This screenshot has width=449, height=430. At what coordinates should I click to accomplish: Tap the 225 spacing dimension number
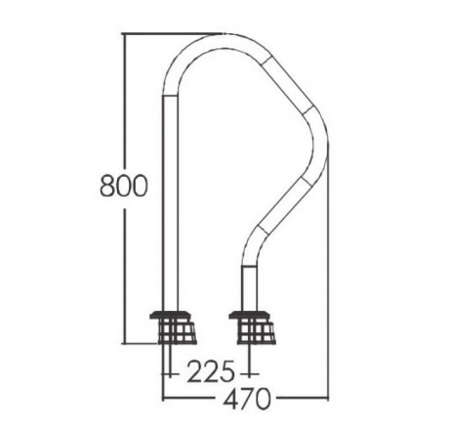pos(211,371)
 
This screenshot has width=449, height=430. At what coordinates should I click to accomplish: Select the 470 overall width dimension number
pos(247,398)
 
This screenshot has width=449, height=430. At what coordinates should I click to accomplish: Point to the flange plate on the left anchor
pos(171,315)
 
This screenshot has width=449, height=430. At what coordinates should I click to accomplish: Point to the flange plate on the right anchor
pos(250,315)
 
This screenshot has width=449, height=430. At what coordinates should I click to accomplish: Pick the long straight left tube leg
pos(171,202)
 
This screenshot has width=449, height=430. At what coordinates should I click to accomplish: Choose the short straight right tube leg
pos(250,288)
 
